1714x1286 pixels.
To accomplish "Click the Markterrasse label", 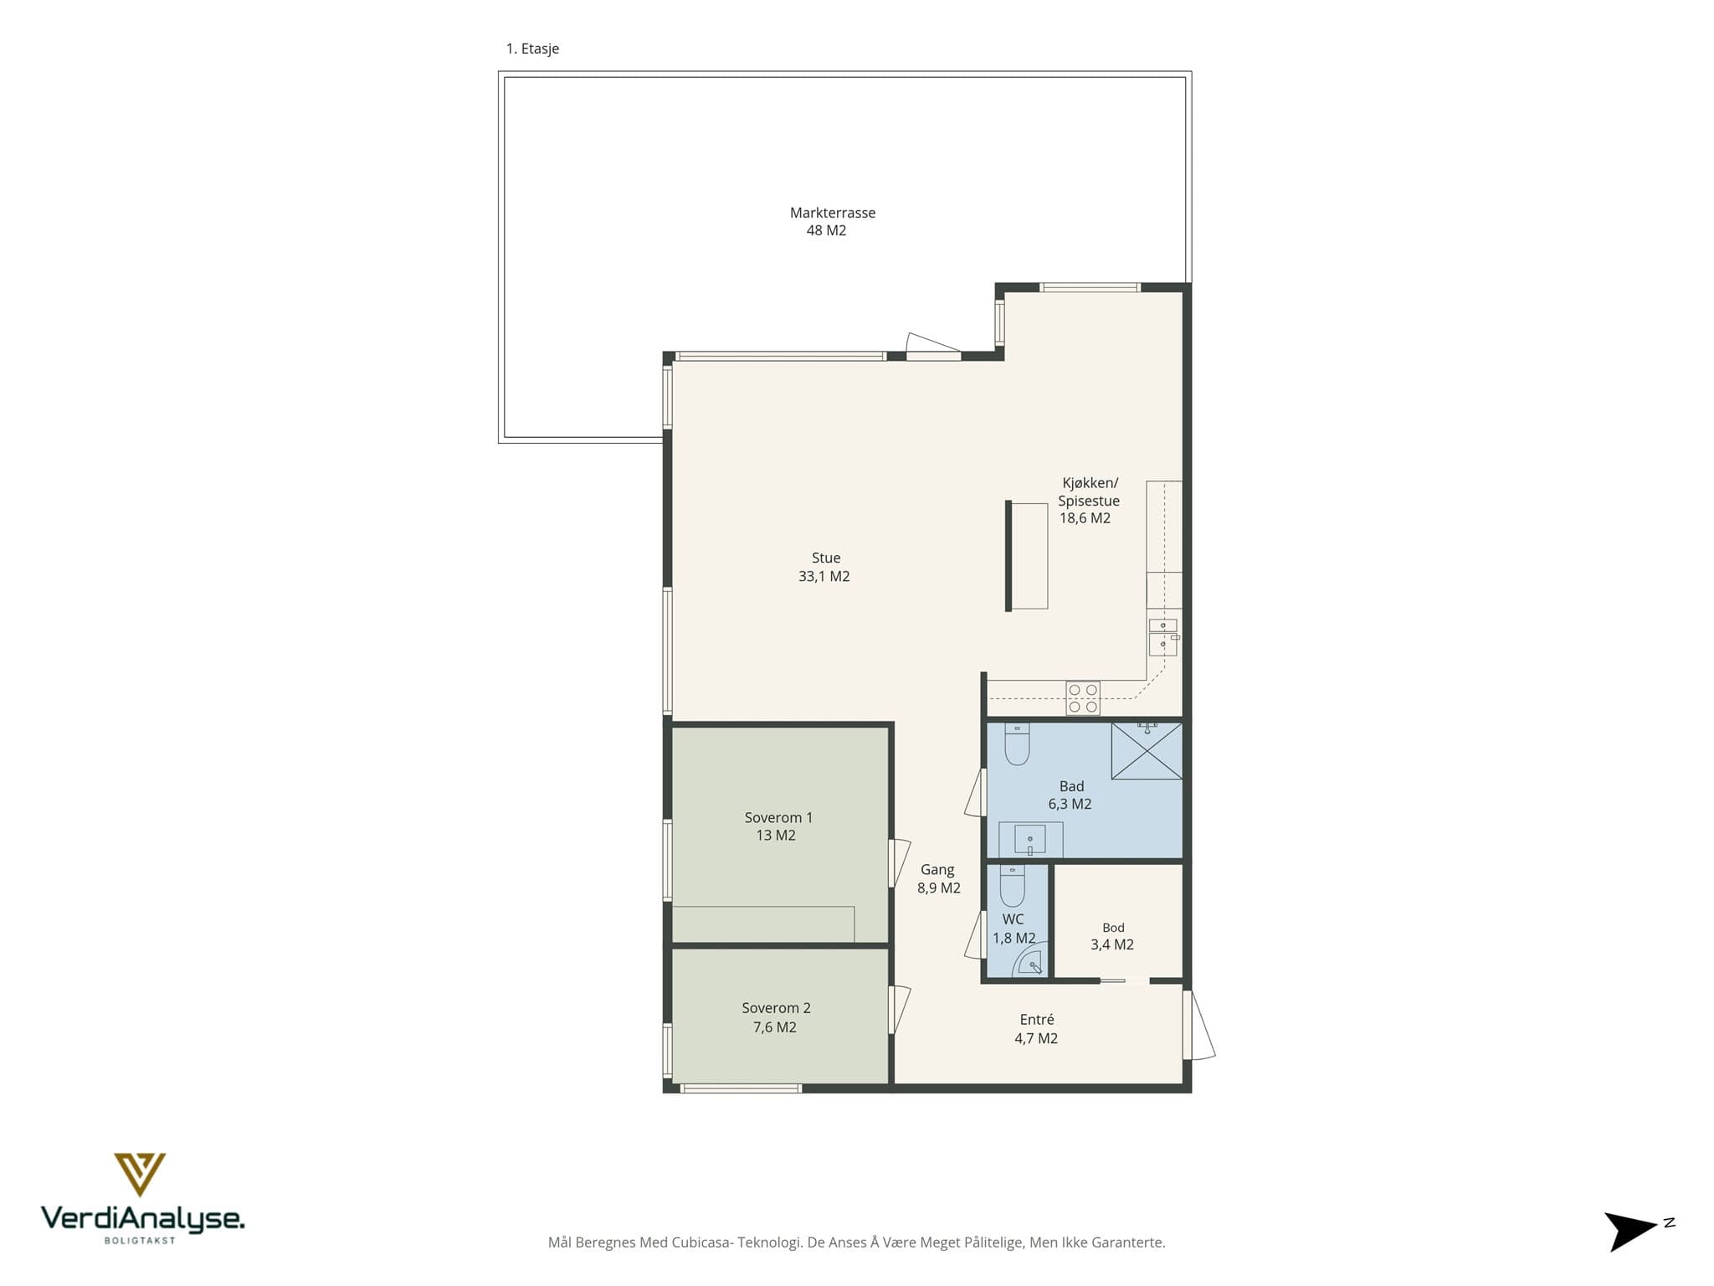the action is (x=833, y=213).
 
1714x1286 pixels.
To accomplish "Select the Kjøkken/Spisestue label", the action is (x=1089, y=491).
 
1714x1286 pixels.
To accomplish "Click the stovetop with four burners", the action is (x=1082, y=698).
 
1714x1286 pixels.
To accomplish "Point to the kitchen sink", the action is (x=1163, y=637).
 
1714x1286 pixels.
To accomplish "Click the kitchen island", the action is (x=1027, y=555).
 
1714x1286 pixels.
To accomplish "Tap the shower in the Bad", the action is (x=1147, y=751).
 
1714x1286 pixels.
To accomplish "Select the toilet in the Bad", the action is (x=1017, y=743).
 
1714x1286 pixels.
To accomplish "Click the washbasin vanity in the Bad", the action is (x=1030, y=840).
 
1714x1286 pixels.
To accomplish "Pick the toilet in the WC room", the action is (x=1013, y=885).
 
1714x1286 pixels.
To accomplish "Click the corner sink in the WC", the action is (x=1029, y=964).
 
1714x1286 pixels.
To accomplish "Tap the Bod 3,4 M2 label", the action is (x=1112, y=937).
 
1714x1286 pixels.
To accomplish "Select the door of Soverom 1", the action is (x=899, y=863).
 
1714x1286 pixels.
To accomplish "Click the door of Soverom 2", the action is (x=899, y=1010).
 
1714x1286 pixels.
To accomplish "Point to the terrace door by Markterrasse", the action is (x=933, y=347).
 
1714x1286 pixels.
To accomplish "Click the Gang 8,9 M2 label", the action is (x=938, y=879).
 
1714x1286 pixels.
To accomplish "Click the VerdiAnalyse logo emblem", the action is (x=140, y=1174).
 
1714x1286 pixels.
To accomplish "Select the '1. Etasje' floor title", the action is (x=532, y=49).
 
